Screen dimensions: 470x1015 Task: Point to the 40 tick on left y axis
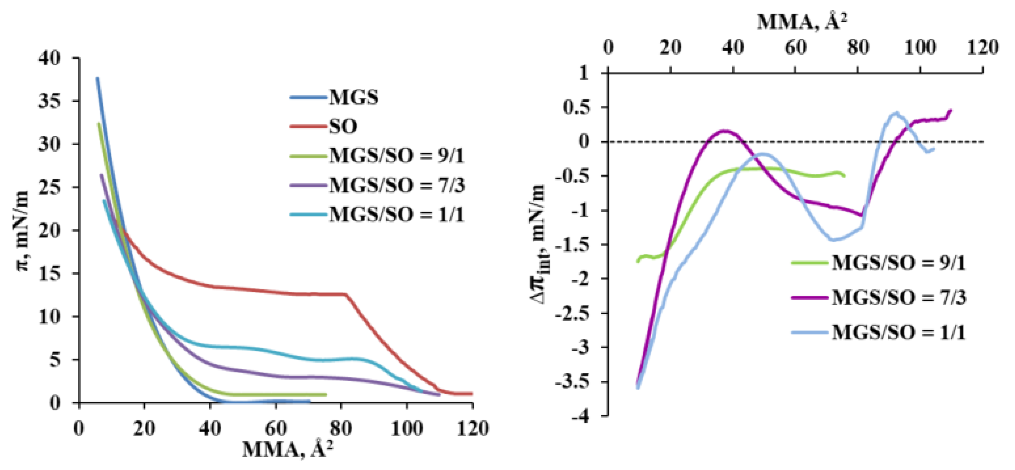[x=50, y=58]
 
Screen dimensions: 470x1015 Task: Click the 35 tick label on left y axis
[x=50, y=101]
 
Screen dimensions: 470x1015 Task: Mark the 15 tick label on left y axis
[x=50, y=273]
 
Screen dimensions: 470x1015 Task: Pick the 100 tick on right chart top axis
[x=920, y=48]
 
